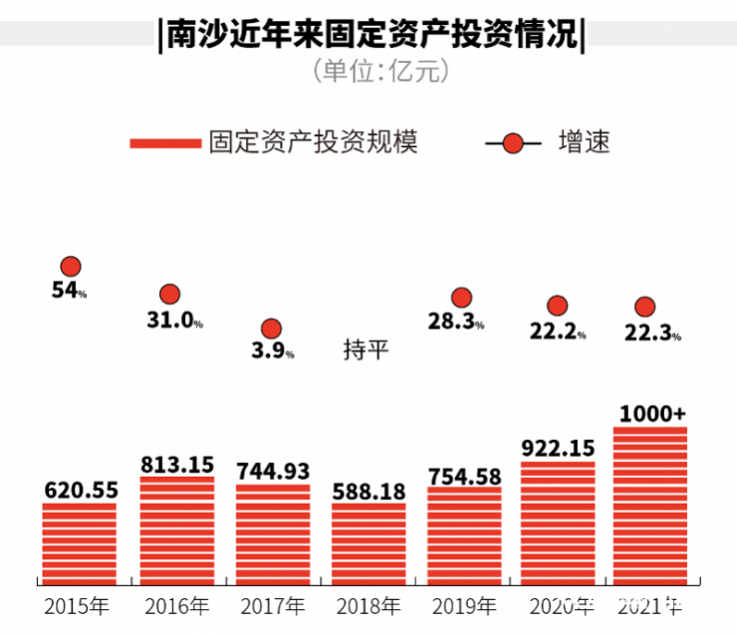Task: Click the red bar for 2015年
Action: pyautogui.click(x=79, y=543)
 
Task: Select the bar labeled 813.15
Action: pyautogui.click(x=176, y=530)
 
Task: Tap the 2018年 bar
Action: pyautogui.click(x=368, y=543)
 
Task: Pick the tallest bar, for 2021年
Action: pyautogui.click(x=650, y=506)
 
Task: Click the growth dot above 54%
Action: pyautogui.click(x=71, y=266)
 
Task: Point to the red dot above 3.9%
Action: pyautogui.click(x=271, y=328)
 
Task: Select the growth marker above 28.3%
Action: pyautogui.click(x=461, y=297)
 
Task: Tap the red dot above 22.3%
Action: pyautogui.click(x=645, y=307)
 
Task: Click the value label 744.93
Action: pyautogui.click(x=273, y=471)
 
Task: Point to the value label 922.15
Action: pyautogui.click(x=558, y=448)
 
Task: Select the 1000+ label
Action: pyautogui.click(x=652, y=413)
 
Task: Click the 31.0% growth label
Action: pyautogui.click(x=172, y=320)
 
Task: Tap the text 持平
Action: pyautogui.click(x=367, y=349)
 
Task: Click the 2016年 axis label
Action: pyautogui.click(x=176, y=605)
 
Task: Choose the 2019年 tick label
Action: pyautogui.click(x=462, y=605)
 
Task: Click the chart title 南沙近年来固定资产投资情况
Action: pyautogui.click(x=369, y=37)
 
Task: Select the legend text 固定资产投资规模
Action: pyautogui.click(x=313, y=142)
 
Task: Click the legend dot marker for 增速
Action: pyautogui.click(x=513, y=143)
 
